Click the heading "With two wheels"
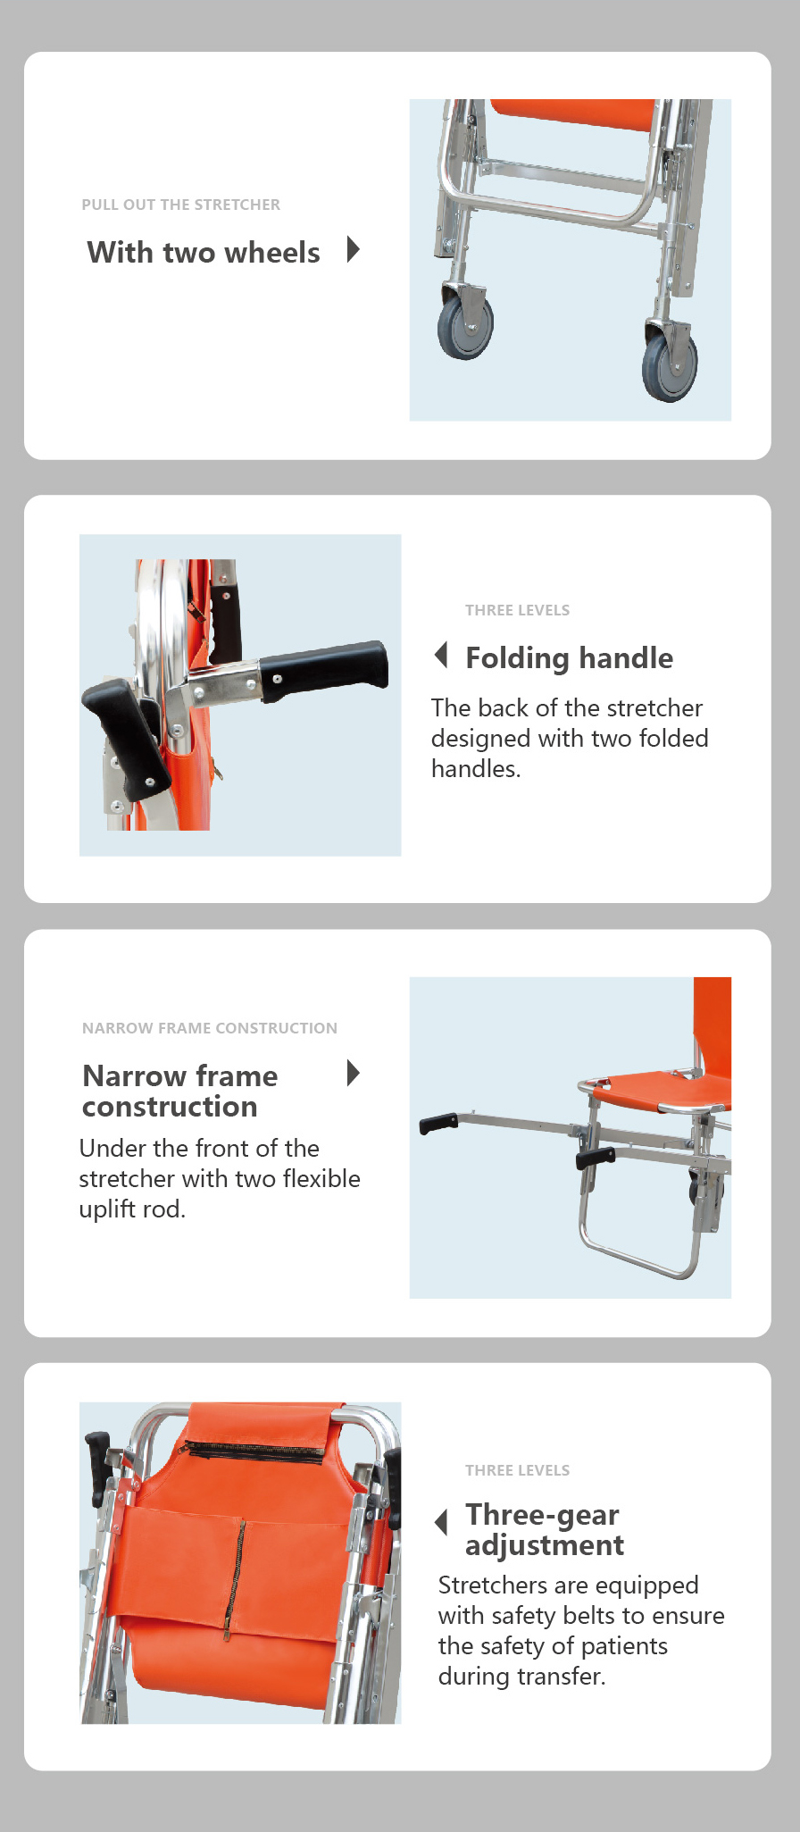[x=204, y=253]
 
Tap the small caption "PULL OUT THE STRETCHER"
[x=181, y=205]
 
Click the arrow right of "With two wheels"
[x=354, y=249]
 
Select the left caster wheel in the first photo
[x=465, y=324]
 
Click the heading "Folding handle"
[x=569, y=658]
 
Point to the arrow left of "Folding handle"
[x=441, y=655]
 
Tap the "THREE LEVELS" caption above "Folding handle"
[x=517, y=610]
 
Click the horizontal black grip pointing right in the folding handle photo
[x=324, y=670]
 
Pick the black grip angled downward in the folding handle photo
[x=124, y=737]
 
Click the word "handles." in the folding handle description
[x=476, y=769]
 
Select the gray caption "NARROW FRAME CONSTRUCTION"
[x=210, y=1028]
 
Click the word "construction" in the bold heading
[x=170, y=1107]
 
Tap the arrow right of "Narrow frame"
[x=354, y=1073]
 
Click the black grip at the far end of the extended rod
[x=438, y=1123]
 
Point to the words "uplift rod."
[x=132, y=1209]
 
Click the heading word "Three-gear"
[x=542, y=1515]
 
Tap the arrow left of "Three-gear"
[x=441, y=1522]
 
